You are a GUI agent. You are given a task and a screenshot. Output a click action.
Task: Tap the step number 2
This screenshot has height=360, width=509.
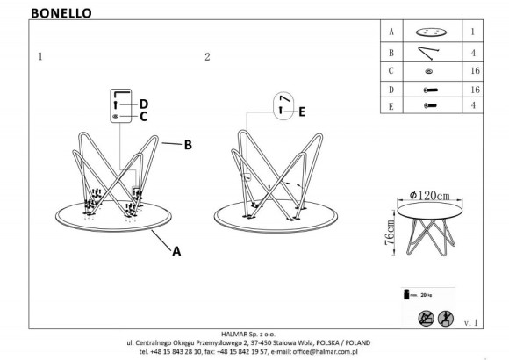207,58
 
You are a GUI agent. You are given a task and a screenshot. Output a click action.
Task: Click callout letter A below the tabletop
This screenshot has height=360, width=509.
176,251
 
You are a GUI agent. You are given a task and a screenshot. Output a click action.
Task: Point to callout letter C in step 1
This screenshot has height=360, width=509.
145,116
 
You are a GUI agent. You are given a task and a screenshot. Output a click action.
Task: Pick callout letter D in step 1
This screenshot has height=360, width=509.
145,103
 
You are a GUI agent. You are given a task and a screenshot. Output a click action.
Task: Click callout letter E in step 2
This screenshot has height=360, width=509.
303,112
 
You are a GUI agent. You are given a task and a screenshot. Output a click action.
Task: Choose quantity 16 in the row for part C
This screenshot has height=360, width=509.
476,70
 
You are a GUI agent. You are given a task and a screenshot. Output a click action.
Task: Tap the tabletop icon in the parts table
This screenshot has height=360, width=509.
427,30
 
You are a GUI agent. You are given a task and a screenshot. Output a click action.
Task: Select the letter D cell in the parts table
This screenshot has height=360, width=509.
390,90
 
